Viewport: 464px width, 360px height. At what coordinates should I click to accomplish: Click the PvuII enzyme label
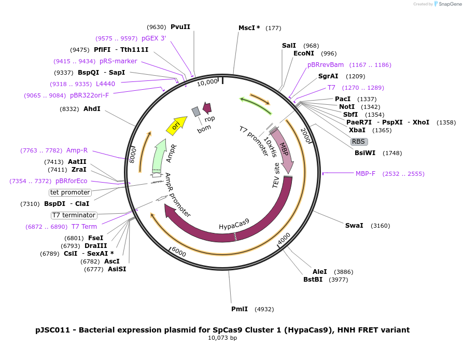[180, 27]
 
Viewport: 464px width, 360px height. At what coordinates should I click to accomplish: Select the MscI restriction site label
[249, 28]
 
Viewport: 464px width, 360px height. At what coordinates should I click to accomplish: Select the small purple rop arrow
[207, 108]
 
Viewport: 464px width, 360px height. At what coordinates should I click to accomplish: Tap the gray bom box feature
[196, 112]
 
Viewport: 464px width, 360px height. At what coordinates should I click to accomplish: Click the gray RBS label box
[359, 142]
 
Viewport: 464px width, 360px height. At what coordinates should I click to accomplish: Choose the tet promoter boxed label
[70, 192]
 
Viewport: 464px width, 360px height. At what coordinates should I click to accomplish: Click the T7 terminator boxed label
[74, 215]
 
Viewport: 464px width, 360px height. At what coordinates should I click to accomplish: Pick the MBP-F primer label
[365, 174]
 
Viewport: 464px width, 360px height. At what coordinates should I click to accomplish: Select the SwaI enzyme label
[354, 226]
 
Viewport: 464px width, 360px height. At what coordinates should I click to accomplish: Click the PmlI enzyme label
[240, 309]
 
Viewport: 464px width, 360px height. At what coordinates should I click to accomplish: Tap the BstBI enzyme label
[313, 280]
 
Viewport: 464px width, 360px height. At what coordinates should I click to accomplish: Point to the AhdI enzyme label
[92, 109]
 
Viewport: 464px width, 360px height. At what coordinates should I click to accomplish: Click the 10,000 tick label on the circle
[207, 82]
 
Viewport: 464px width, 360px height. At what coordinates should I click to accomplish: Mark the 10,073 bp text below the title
[222, 338]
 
